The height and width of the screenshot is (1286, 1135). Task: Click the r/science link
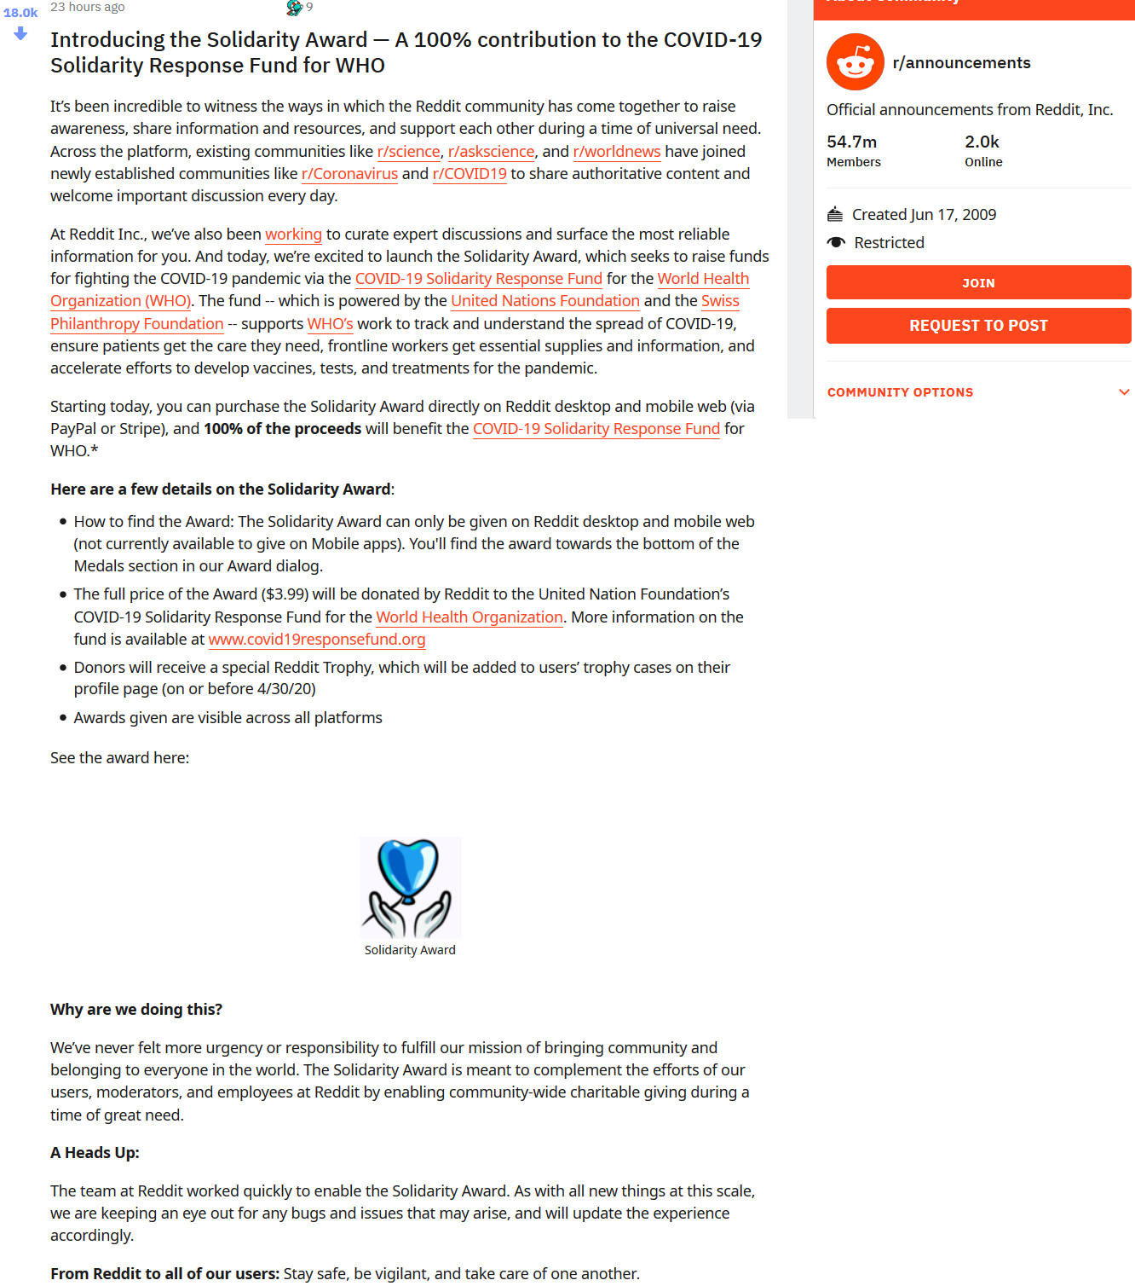click(x=408, y=152)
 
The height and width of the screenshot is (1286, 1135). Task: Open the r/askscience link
click(x=491, y=152)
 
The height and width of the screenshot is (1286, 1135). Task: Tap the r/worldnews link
click(x=616, y=152)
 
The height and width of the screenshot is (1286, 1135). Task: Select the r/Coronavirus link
click(x=349, y=174)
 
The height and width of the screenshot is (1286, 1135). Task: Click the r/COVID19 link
click(x=470, y=174)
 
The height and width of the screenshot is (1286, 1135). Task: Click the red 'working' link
click(x=293, y=235)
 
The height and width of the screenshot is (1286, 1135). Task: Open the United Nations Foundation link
click(x=544, y=301)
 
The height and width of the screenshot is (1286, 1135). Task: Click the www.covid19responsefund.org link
click(x=316, y=640)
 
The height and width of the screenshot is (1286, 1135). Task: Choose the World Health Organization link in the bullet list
click(x=470, y=617)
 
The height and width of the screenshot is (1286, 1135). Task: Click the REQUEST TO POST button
click(x=978, y=326)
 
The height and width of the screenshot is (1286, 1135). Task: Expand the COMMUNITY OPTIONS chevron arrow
click(x=1124, y=392)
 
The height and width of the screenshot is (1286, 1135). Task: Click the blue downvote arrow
click(x=20, y=34)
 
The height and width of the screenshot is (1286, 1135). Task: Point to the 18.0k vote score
click(x=20, y=13)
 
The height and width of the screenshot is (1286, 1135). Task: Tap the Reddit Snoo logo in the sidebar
click(x=855, y=62)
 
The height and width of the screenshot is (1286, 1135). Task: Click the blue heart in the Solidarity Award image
click(x=408, y=866)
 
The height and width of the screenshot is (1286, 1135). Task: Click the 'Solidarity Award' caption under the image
click(x=410, y=950)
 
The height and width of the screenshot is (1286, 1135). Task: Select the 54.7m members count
click(x=851, y=142)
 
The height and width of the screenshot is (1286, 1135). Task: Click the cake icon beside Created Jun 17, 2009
click(x=835, y=215)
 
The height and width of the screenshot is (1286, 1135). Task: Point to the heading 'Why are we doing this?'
click(x=136, y=1010)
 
